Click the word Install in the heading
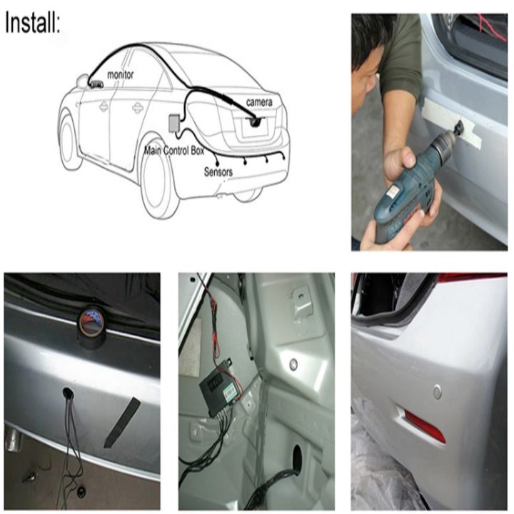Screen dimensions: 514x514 (x=32, y=22)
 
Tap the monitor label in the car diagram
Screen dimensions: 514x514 (x=121, y=75)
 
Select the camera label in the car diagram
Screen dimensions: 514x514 (x=259, y=102)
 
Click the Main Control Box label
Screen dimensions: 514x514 (x=174, y=151)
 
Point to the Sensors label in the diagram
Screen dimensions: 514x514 (x=218, y=172)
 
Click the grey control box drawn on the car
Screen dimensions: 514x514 (x=173, y=123)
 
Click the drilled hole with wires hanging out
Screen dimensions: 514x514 (x=68, y=393)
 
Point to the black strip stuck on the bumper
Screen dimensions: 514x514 (x=121, y=422)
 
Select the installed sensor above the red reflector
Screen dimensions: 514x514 (x=438, y=392)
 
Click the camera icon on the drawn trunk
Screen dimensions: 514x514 (x=256, y=121)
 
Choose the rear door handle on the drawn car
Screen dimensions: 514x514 (x=138, y=108)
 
